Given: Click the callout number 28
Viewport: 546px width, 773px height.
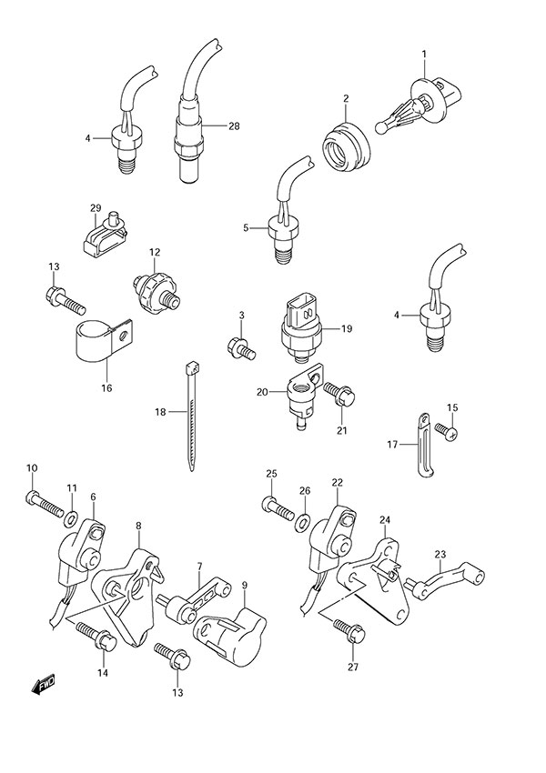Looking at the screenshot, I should pyautogui.click(x=234, y=126).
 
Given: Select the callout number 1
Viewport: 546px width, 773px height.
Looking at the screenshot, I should pyautogui.click(x=424, y=55).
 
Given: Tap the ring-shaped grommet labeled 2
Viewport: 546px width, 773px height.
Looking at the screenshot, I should pyautogui.click(x=347, y=143).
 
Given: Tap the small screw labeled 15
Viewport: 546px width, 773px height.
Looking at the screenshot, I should pyautogui.click(x=445, y=428).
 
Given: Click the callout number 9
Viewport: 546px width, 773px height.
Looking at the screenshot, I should pyautogui.click(x=244, y=587).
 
